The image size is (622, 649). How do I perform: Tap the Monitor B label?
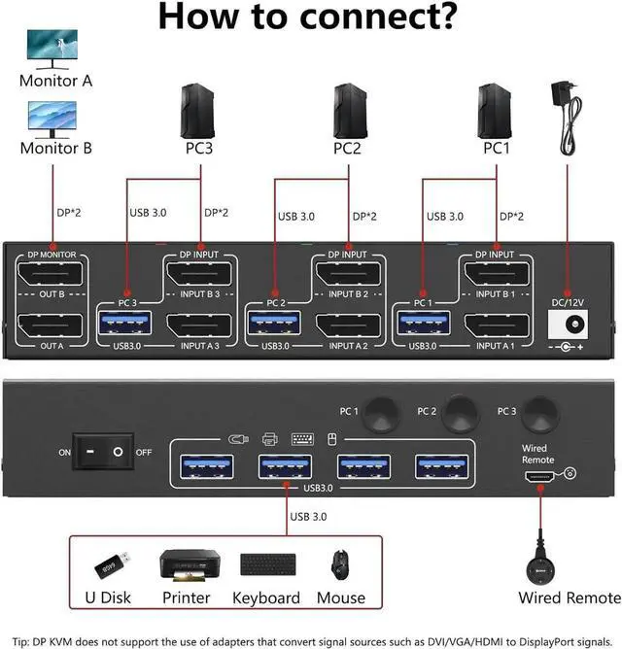[56, 149]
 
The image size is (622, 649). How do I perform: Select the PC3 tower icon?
[199, 112]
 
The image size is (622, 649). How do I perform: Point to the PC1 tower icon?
[496, 112]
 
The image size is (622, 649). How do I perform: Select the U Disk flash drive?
[108, 564]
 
